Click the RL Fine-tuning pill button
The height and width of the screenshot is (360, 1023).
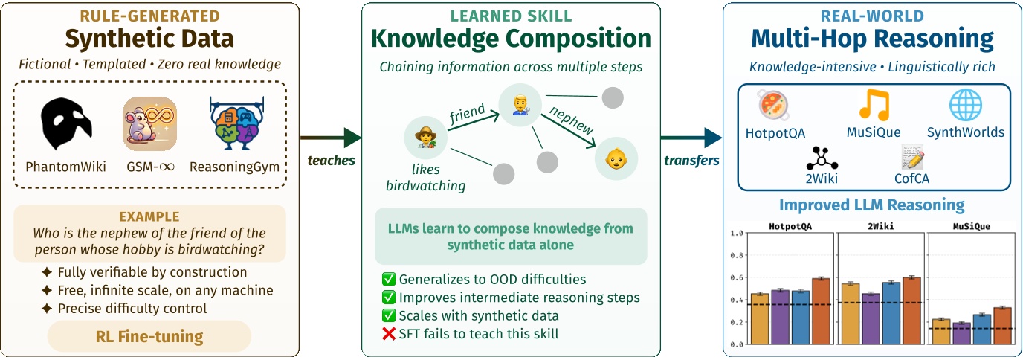149,336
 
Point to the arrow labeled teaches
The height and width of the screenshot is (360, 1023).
330,138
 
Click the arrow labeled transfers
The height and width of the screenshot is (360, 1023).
691,138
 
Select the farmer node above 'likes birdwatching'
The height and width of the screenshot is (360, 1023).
425,137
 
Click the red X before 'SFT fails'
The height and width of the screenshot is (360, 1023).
388,334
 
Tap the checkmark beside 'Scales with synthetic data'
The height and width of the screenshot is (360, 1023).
388,315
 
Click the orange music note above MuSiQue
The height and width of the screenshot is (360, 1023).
873,105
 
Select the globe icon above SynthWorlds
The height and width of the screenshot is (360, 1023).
965,105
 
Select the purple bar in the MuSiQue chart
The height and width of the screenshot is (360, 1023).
961,333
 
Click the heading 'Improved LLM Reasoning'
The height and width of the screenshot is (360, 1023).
871,205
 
